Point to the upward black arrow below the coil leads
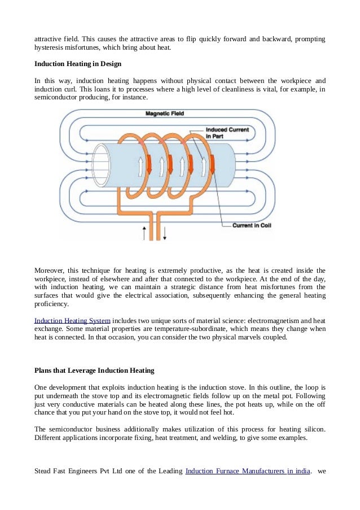pos(144,232)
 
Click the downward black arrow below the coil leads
pos(165,232)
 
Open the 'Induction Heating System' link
pos(72,320)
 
